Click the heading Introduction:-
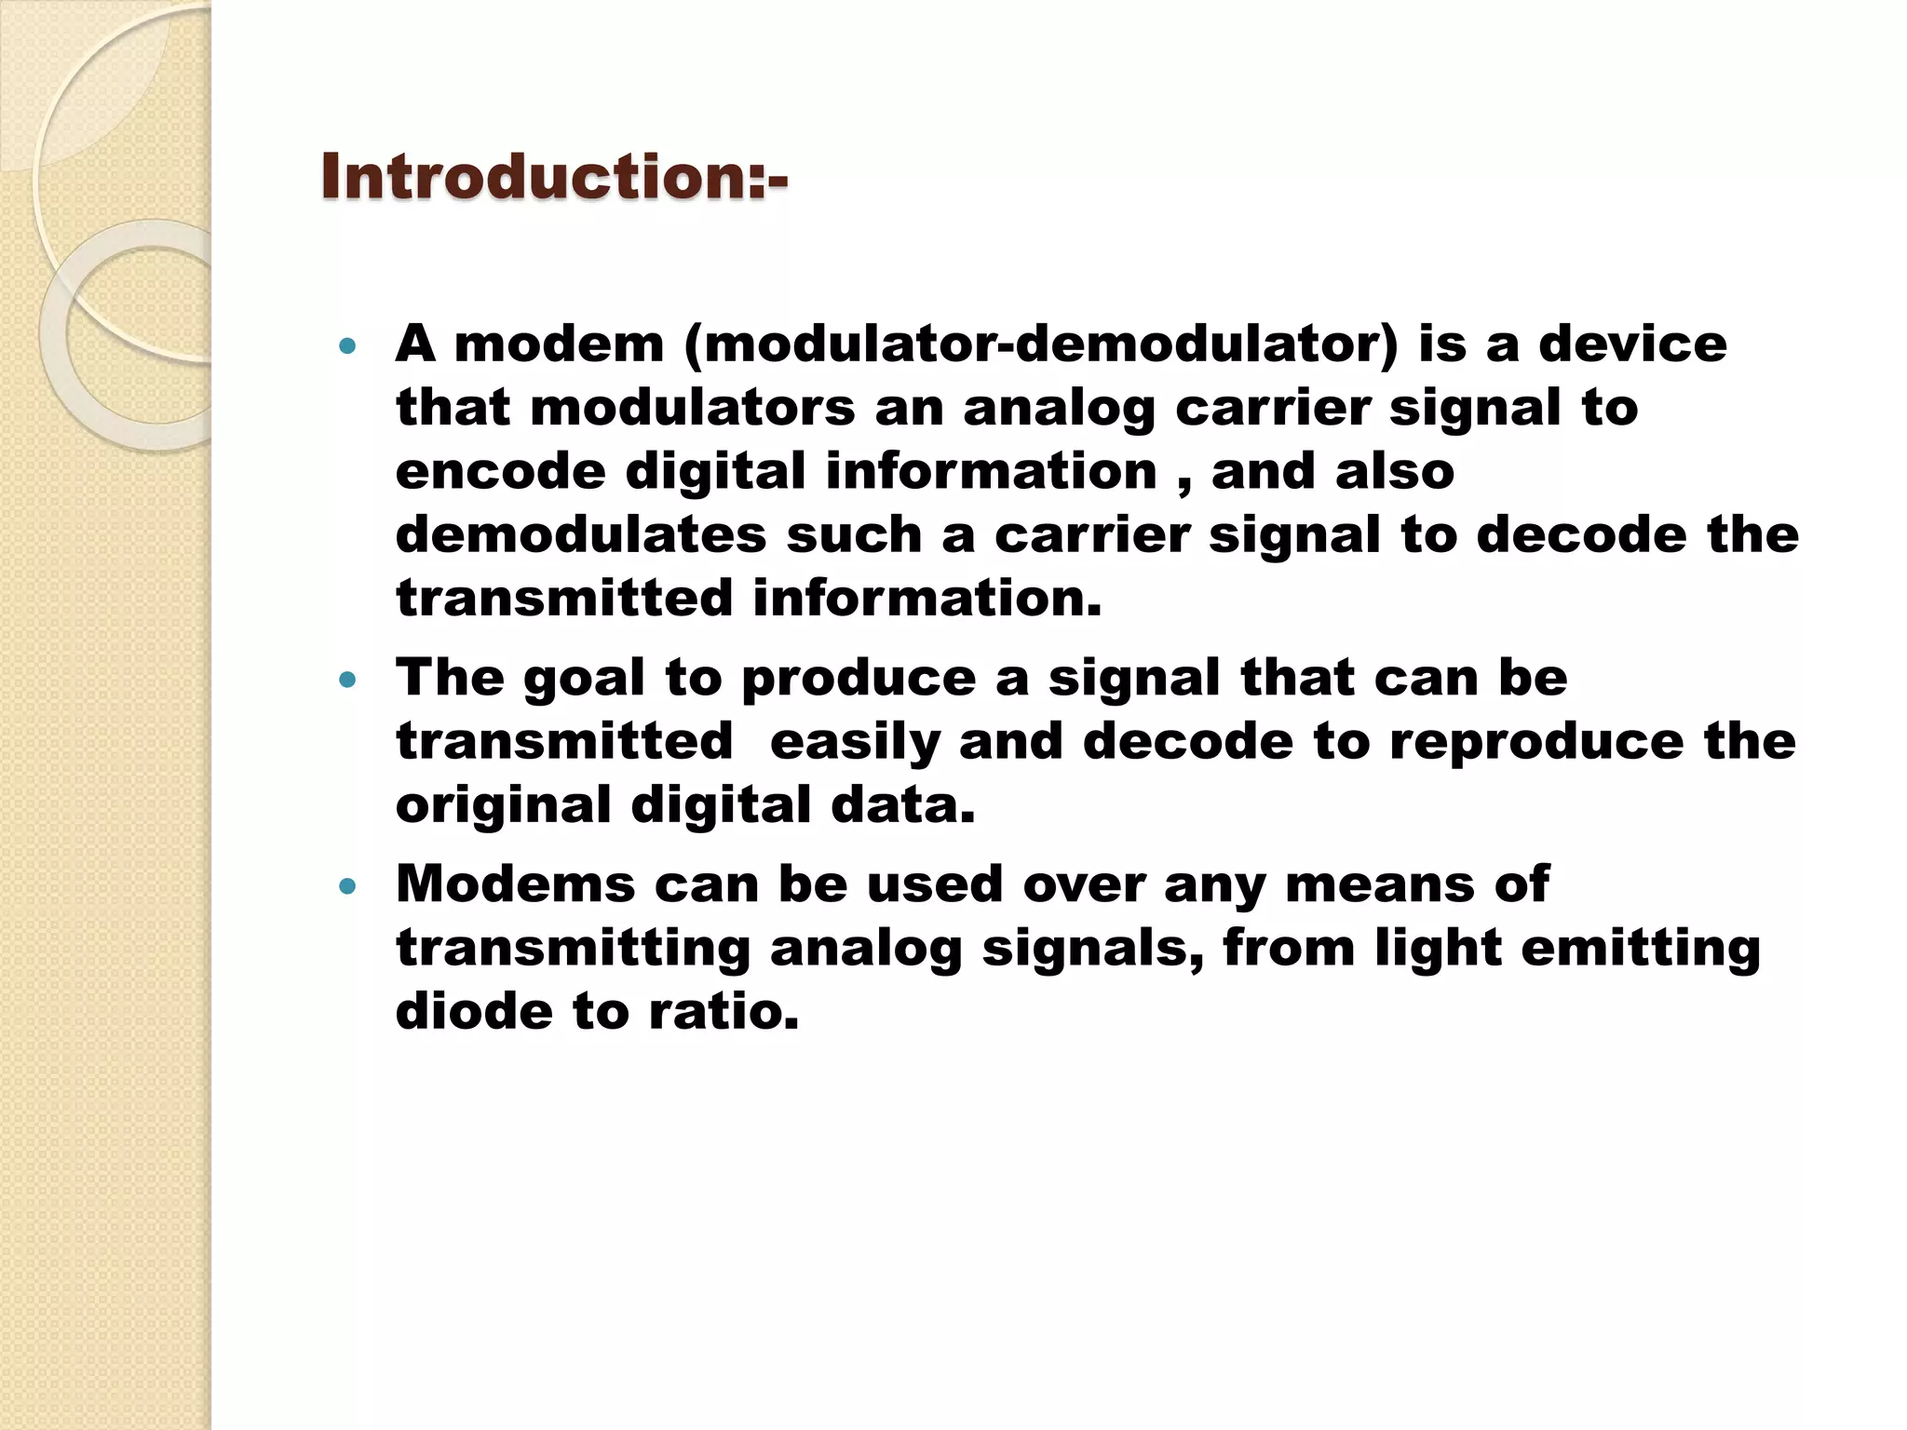coord(554,177)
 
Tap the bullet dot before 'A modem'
coord(348,347)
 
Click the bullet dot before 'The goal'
coord(348,681)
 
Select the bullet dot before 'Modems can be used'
coord(348,886)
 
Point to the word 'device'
coord(1632,344)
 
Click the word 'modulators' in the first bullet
coord(692,408)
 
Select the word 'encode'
coord(500,471)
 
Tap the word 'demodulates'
coord(581,534)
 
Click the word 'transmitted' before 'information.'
coord(564,598)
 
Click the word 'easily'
coord(855,741)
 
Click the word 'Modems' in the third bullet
coord(515,884)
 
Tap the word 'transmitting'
coord(573,949)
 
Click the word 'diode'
coord(474,1011)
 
